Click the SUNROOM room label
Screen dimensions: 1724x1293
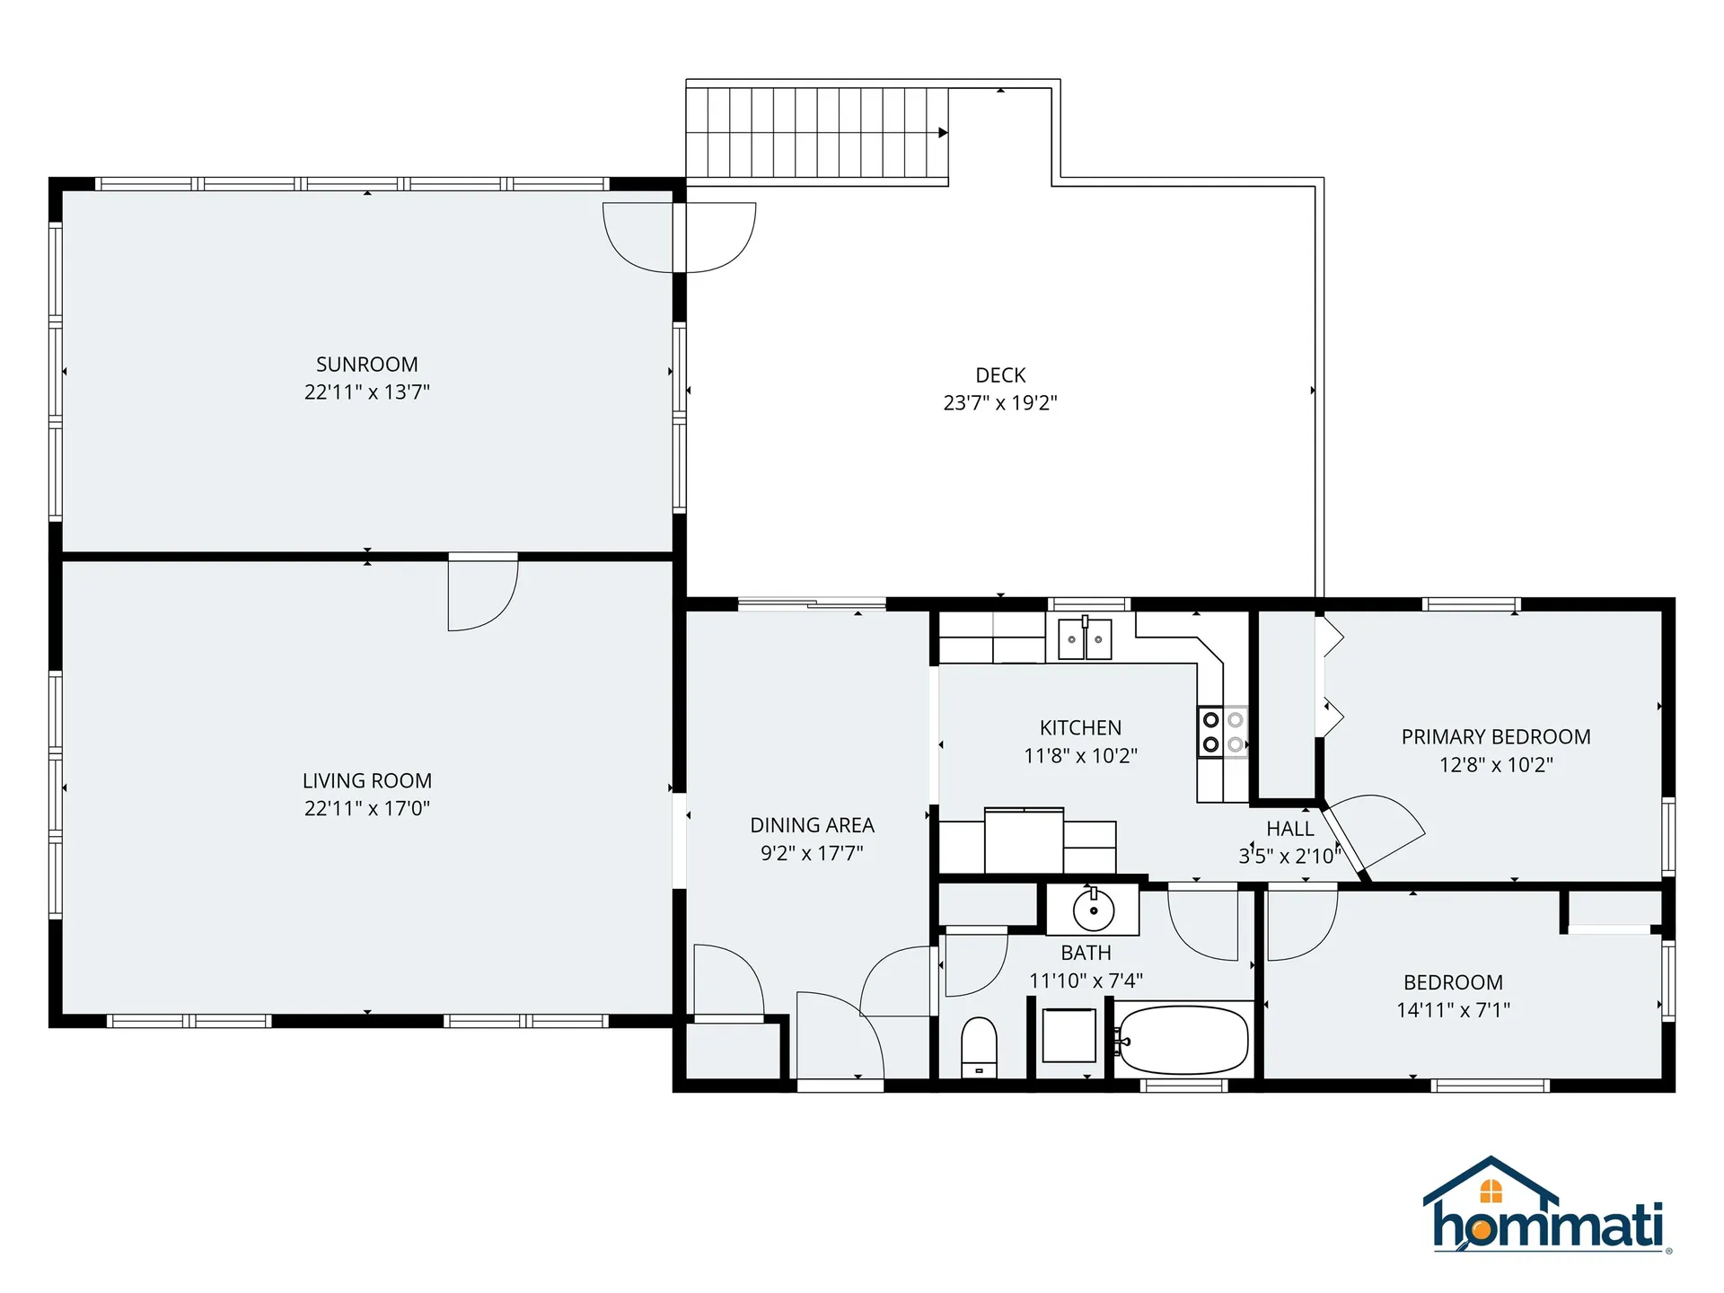[366, 365]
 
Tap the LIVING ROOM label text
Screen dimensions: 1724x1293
[366, 780]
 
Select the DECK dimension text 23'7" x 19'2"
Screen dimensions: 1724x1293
[1000, 402]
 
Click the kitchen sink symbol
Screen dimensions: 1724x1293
[1085, 638]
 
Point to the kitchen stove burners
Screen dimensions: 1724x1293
[1223, 732]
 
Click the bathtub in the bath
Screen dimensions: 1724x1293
[1183, 1041]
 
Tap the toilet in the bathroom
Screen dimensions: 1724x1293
[979, 1047]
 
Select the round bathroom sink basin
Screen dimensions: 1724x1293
[1094, 911]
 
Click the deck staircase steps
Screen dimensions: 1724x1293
[817, 133]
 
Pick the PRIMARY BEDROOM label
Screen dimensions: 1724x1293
[1496, 737]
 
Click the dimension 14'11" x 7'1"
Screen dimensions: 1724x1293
[1453, 1010]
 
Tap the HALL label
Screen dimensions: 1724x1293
[1290, 829]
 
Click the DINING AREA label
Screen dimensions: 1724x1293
[812, 825]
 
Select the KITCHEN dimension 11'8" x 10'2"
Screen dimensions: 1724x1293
[1080, 756]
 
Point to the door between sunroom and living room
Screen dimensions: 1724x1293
[483, 593]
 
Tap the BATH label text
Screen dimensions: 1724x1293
[1086, 953]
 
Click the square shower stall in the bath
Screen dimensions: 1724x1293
[1069, 1035]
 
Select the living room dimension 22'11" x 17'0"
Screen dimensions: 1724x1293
[366, 808]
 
